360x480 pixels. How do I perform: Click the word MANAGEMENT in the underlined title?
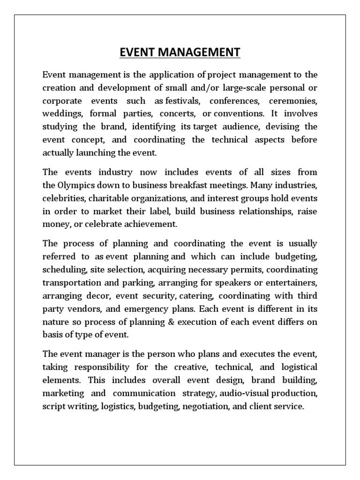197,52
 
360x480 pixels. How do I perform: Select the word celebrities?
62,198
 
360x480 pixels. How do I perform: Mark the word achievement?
150,224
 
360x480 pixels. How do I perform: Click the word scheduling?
61,270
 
